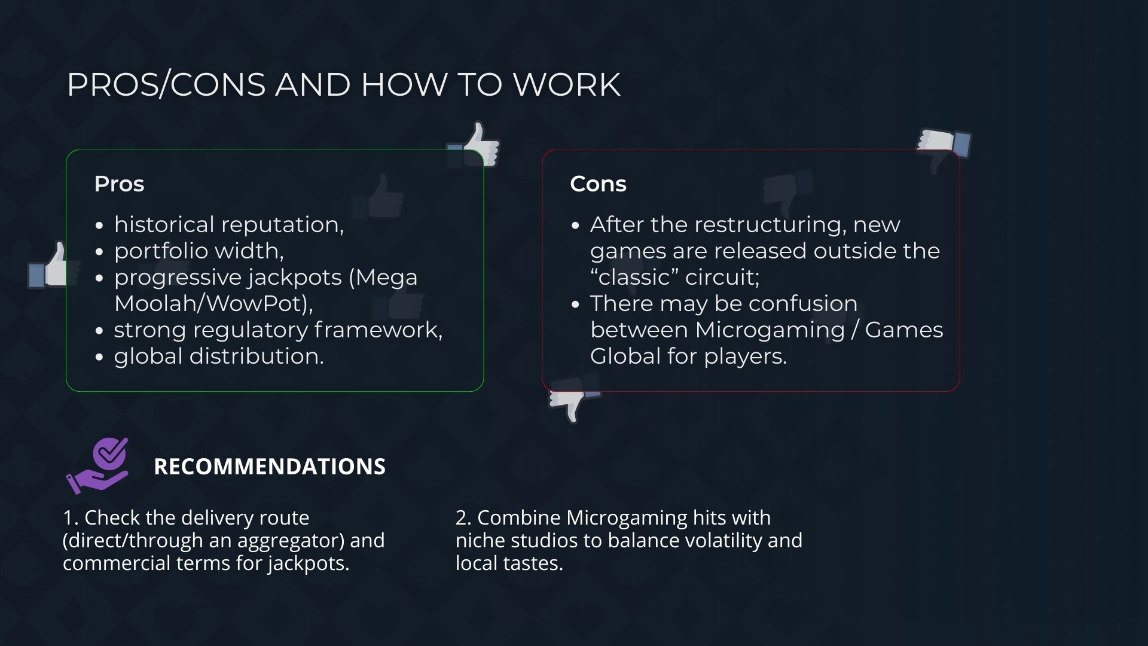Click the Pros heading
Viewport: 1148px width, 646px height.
[119, 184]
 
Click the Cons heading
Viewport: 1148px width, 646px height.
[598, 184]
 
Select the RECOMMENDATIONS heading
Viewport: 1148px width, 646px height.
[270, 467]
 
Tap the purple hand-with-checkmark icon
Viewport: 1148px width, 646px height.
[98, 466]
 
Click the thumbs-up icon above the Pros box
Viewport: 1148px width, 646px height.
[475, 144]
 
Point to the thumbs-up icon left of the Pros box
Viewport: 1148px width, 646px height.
[51, 266]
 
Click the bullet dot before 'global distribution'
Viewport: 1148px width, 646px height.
[100, 358]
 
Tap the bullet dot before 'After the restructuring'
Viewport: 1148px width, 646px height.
[576, 226]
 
